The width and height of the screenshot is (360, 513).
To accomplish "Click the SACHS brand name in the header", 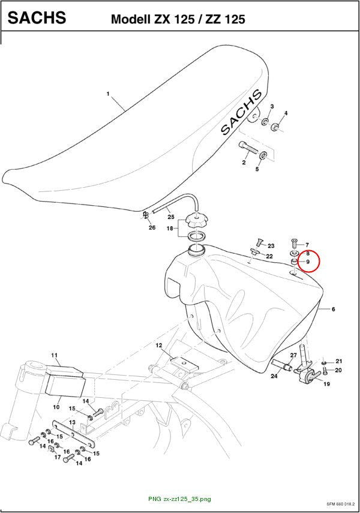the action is (x=37, y=17).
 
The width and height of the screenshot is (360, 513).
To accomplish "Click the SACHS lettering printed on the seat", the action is (x=242, y=112).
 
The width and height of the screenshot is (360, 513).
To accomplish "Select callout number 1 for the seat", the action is (x=108, y=94).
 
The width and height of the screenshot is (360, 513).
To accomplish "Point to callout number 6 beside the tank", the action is (x=334, y=309).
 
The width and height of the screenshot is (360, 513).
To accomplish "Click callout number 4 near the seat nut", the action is (x=286, y=113).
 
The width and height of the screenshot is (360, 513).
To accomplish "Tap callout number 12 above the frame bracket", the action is (x=159, y=345).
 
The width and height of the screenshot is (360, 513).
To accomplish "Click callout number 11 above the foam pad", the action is (x=55, y=355).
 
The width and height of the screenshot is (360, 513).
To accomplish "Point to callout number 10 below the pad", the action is (x=56, y=407).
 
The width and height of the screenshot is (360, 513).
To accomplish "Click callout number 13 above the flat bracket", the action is (x=72, y=423).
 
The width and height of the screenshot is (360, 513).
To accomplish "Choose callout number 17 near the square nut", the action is (x=58, y=457).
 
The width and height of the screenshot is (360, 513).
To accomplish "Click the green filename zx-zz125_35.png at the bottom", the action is (x=179, y=499).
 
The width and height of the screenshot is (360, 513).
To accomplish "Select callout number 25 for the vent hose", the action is (x=171, y=217).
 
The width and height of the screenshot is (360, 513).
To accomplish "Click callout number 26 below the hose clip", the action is (x=152, y=227).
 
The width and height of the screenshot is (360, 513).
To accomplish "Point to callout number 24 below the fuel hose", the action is (x=274, y=376).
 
